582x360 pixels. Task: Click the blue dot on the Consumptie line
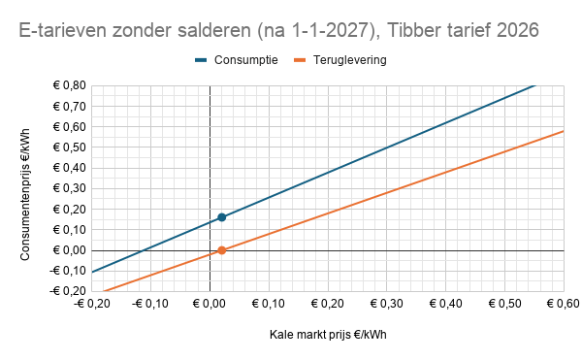coord(222,217)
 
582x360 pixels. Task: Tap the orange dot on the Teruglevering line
coord(222,250)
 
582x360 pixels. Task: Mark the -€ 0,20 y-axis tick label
coord(65,291)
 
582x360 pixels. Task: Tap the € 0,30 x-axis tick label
coord(386,304)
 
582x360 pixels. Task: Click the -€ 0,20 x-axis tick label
coord(92,304)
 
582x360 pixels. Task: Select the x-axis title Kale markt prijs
coord(328,336)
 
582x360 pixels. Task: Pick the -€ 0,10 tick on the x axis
coord(151,304)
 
